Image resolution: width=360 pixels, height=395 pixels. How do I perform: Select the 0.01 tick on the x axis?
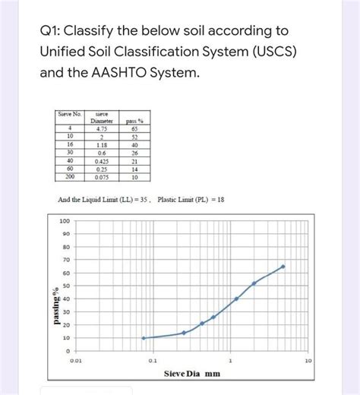tap(76, 362)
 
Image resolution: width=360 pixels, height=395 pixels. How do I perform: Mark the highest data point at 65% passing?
tap(283, 267)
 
